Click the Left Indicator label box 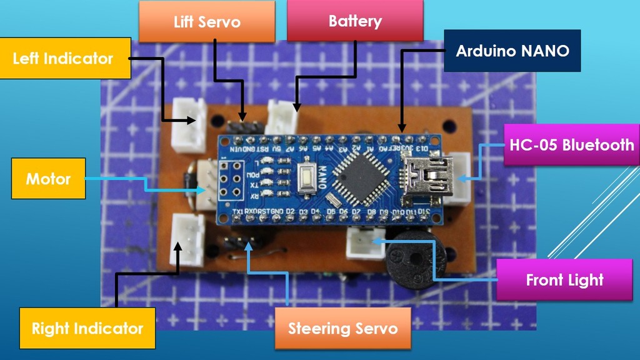65,59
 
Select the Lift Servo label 207,22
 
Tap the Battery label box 355,21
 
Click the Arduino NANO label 512,51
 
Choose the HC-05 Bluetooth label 571,145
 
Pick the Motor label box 48,179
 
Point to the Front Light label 564,279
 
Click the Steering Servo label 342,328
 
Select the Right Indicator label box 87,328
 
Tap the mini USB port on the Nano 428,176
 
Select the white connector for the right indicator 187,240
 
